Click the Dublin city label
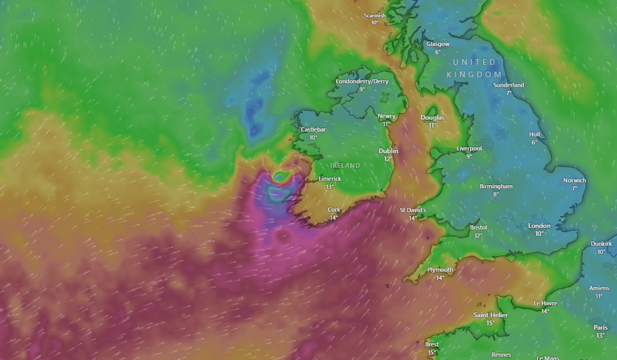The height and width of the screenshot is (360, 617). point(388,151)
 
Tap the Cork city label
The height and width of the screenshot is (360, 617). point(334,210)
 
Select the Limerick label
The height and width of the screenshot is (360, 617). point(330,179)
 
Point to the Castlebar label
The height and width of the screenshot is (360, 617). point(313,130)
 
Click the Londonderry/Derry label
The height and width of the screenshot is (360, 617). point(362,81)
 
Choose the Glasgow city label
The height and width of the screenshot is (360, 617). point(438,44)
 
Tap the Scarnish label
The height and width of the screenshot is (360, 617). point(374,15)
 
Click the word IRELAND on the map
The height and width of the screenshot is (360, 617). point(345,166)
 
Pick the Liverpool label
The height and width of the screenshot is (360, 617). point(469,149)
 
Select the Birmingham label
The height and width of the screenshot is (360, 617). point(496,186)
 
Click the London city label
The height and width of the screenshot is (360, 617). point(539,226)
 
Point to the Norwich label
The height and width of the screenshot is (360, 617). point(574,181)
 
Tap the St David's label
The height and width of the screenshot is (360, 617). point(413,210)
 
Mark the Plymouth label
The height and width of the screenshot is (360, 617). point(440,270)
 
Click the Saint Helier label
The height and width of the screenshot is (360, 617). point(491,315)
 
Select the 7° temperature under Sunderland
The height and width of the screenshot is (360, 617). point(509,93)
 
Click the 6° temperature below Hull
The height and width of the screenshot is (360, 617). point(534,142)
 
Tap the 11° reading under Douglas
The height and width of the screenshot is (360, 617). point(432,125)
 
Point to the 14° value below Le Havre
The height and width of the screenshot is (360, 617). point(545,311)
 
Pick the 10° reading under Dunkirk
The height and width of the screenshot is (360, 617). point(601,252)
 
